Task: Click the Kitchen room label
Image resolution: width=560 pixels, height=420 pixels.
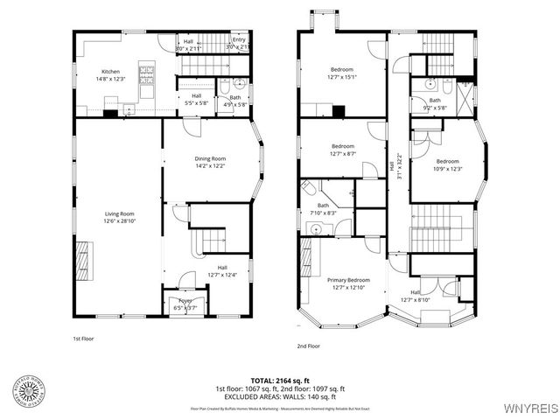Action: click(x=110, y=72)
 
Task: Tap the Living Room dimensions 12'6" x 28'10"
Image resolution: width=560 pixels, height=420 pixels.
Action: click(x=119, y=220)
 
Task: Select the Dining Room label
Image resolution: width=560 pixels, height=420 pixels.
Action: click(x=210, y=158)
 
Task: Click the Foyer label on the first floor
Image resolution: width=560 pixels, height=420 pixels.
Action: click(x=185, y=300)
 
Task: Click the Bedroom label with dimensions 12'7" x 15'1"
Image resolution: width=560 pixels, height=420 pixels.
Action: click(x=342, y=69)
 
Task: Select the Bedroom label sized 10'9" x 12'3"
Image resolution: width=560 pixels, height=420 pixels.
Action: click(x=448, y=161)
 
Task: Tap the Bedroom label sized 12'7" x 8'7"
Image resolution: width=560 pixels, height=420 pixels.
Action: click(x=342, y=146)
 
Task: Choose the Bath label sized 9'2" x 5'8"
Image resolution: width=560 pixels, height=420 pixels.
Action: click(x=435, y=100)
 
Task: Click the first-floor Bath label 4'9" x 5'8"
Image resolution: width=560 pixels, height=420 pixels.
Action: click(x=235, y=97)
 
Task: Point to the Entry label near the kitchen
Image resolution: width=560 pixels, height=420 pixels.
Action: click(x=239, y=39)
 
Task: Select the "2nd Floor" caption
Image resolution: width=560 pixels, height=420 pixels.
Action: click(x=309, y=346)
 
